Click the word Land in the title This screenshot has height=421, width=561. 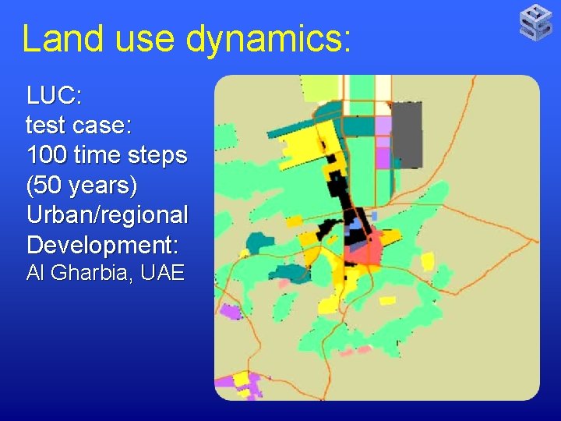65,37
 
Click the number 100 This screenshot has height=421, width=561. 48,155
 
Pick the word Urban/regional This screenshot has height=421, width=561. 107,215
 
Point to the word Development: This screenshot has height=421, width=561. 102,245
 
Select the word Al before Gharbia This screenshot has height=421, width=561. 36,273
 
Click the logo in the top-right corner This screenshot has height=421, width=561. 536,21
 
